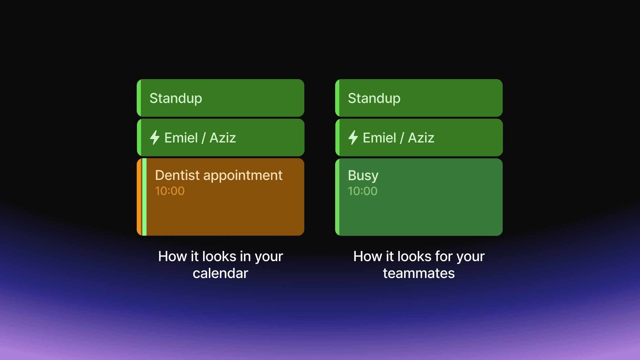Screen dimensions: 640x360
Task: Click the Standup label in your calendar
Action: point(176,98)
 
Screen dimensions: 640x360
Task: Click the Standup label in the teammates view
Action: point(374,98)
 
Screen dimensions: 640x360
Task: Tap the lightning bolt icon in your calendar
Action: point(155,138)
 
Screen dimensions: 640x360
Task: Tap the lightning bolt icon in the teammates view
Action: point(353,138)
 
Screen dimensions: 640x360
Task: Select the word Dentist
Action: point(177,175)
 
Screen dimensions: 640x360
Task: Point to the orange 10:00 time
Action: point(170,191)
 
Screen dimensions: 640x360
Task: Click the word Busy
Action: point(363,176)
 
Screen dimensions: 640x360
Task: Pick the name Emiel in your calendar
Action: point(181,138)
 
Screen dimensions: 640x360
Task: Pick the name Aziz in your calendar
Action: point(223,138)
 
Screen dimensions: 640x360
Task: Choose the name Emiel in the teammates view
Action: point(379,138)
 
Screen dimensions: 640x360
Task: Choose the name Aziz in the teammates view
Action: point(421,138)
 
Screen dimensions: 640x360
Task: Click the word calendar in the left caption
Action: point(221,273)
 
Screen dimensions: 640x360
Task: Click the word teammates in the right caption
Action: point(419,273)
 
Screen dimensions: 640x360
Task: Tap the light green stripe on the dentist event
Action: point(144,197)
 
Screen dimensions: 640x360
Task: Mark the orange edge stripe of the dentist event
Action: point(139,197)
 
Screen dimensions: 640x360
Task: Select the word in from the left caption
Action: point(245,256)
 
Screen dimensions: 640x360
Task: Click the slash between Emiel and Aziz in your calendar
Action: point(204,138)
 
